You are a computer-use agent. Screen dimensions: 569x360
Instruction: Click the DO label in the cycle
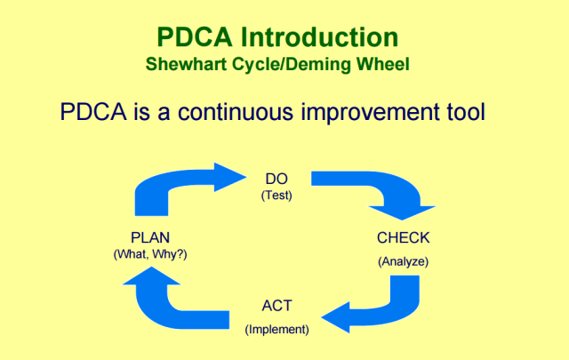point(276,179)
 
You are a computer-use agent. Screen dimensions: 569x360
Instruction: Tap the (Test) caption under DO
point(276,196)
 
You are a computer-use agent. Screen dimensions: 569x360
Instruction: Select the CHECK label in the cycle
point(403,238)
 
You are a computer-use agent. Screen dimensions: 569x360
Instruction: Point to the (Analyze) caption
point(403,261)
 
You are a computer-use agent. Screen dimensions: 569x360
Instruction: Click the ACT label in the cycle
point(276,307)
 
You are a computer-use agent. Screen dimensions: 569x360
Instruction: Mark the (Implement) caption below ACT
point(276,330)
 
